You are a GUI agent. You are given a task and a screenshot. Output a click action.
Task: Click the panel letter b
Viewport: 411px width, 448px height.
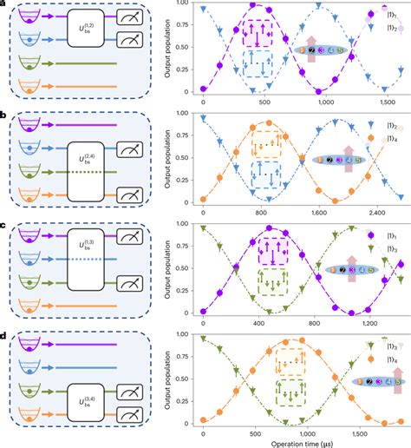pos(4,115)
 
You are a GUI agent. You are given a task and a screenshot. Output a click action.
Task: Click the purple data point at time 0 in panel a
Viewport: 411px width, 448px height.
pos(203,89)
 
